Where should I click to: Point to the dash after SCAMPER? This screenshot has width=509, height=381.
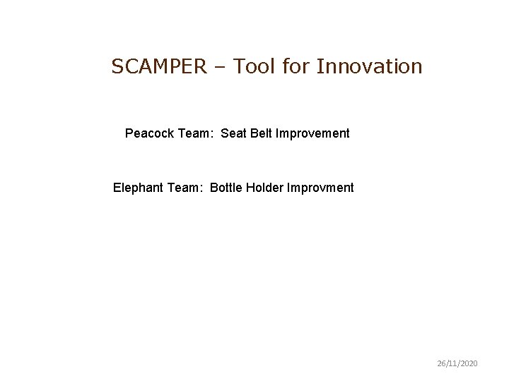point(223,68)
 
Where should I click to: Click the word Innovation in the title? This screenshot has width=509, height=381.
point(370,66)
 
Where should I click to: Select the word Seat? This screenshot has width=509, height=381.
point(233,133)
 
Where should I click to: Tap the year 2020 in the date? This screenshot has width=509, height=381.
point(469,363)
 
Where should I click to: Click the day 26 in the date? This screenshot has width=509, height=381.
point(440,363)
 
